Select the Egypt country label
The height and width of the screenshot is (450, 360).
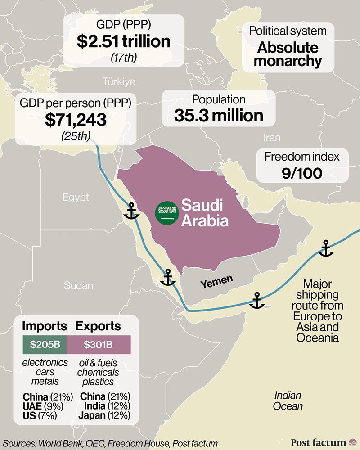[75, 198]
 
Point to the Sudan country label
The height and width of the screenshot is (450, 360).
[78, 285]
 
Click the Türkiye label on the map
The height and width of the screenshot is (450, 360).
[119, 81]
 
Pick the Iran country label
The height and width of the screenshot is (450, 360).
[272, 138]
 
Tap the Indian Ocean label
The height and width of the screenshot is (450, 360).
[288, 400]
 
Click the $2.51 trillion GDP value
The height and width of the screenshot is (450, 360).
[123, 42]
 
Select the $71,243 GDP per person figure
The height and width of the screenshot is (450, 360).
[76, 119]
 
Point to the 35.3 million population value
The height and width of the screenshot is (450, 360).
[219, 116]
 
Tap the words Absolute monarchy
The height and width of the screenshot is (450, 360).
[288, 54]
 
